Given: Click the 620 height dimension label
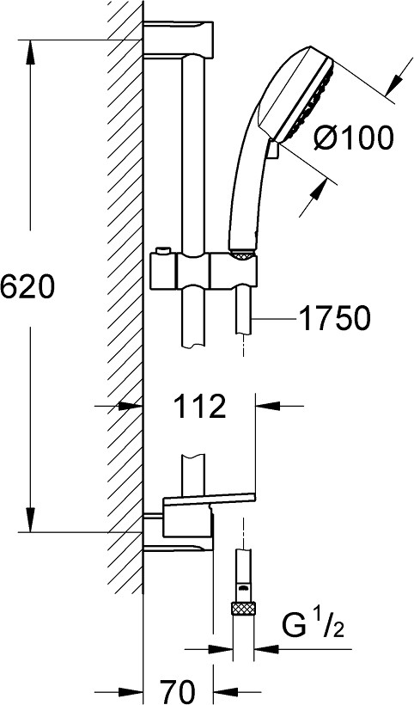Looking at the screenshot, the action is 27,287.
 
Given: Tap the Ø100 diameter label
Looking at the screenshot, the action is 353,138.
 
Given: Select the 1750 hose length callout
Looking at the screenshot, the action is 334,318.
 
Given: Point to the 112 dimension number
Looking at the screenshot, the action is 199,406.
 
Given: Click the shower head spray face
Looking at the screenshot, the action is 311,100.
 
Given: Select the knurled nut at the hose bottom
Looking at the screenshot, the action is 243,609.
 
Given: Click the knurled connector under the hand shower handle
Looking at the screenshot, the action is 242,255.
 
